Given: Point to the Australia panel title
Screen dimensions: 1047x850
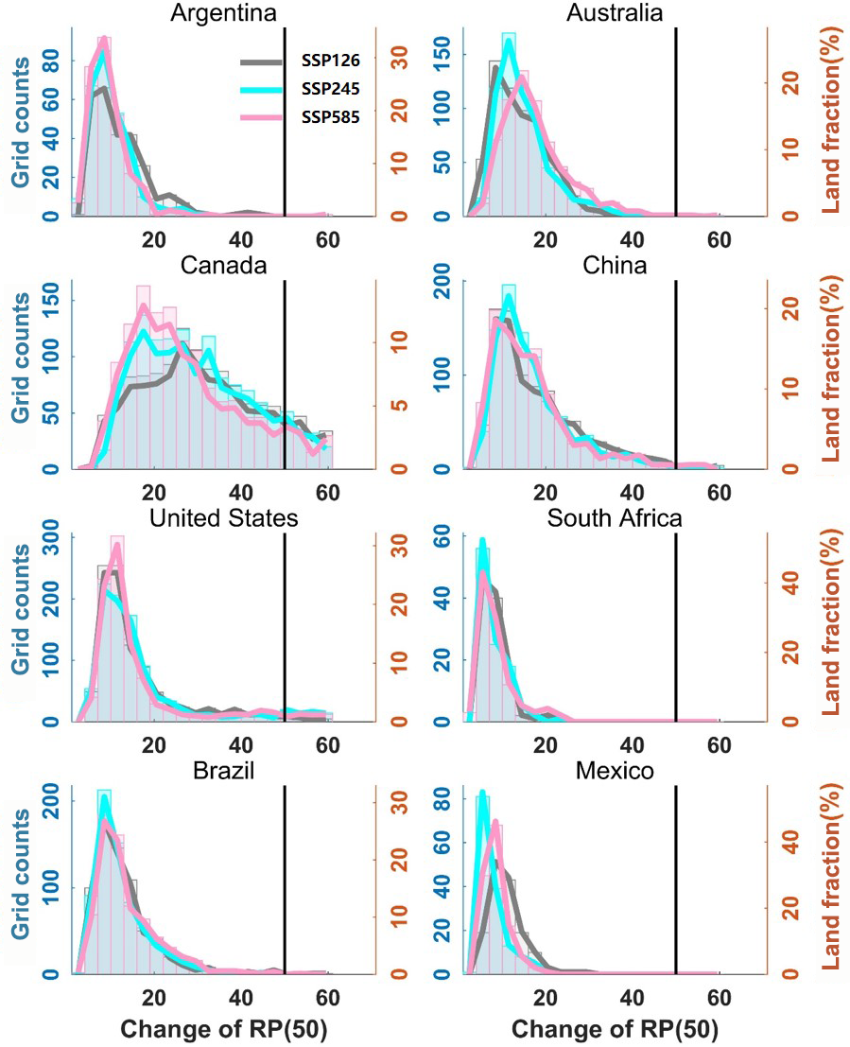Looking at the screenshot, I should pyautogui.click(x=614, y=12).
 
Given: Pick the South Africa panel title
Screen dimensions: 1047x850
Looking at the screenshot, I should pyautogui.click(x=614, y=518).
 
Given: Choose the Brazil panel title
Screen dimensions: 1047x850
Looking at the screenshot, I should pyautogui.click(x=224, y=772).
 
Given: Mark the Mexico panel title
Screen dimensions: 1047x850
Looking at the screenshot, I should pyautogui.click(x=614, y=772).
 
